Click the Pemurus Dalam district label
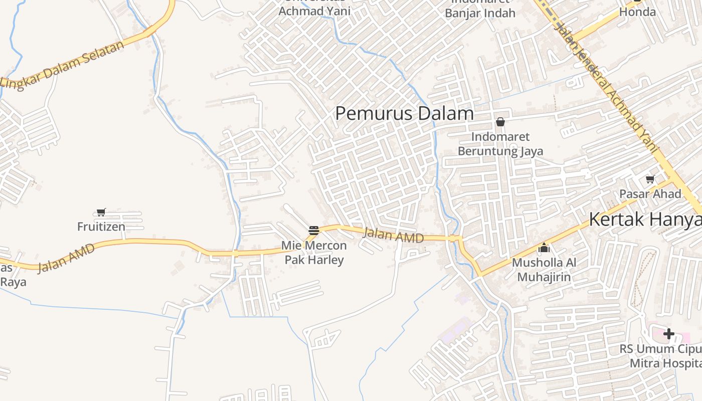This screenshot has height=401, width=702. point(404,114)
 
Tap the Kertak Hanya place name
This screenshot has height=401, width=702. point(645,220)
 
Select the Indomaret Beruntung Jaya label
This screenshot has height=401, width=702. point(500,143)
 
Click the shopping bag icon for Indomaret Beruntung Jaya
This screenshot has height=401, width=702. point(500,122)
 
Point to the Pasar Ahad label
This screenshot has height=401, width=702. point(650,194)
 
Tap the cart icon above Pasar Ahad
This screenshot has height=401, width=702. point(650,179)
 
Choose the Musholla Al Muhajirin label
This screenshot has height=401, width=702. point(544,270)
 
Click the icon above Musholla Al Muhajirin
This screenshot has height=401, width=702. point(544,248)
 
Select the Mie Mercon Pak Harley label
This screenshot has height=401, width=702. point(314,253)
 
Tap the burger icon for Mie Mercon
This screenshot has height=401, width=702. point(314,231)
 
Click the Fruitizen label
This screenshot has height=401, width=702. point(101,227)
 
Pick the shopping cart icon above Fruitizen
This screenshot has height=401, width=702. point(101,212)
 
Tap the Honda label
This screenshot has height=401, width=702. point(637,12)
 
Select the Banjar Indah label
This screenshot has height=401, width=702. point(480,13)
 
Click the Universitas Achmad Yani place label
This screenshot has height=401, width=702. point(314,10)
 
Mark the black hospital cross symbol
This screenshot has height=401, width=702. point(668,334)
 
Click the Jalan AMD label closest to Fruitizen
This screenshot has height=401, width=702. point(66,258)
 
